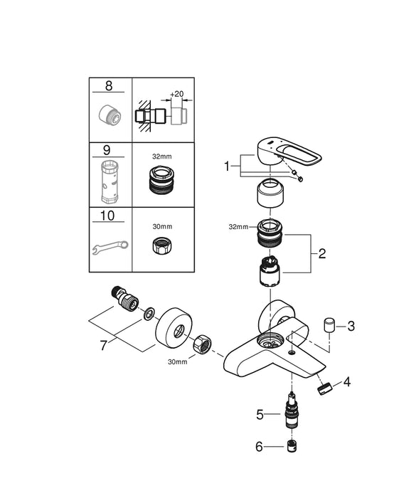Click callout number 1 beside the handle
pyautogui.click(x=227, y=166)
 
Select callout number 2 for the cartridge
pyautogui.click(x=322, y=254)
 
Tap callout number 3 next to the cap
pyautogui.click(x=351, y=326)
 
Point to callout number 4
pyautogui.click(x=347, y=382)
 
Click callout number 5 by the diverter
pyautogui.click(x=260, y=415)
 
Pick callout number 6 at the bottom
pyautogui.click(x=260, y=447)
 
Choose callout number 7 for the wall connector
pyautogui.click(x=104, y=346)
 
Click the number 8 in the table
pyautogui.click(x=109, y=86)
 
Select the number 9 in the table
pyautogui.click(x=107, y=150)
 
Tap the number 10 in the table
pyautogui.click(x=107, y=216)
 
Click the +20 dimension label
pyautogui.click(x=177, y=94)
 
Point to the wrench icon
pyautogui.click(x=110, y=248)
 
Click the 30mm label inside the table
pyautogui.click(x=162, y=226)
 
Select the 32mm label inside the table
pyautogui.click(x=162, y=157)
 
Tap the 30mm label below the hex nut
pyautogui.click(x=178, y=361)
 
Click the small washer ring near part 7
pyautogui.click(x=149, y=314)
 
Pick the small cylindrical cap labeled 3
pyautogui.click(x=329, y=325)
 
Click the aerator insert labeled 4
pyautogui.click(x=324, y=389)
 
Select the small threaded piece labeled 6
pyautogui.click(x=292, y=447)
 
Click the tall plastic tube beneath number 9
pyautogui.click(x=110, y=181)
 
